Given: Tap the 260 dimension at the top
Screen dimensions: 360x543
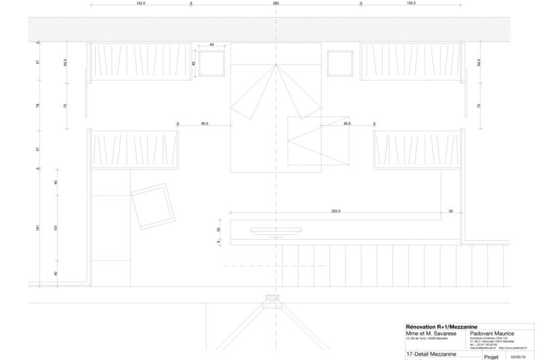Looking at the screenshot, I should click(276, 3).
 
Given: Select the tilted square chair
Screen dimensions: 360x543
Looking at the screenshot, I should click(152, 206).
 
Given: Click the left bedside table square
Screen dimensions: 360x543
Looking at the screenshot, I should click(212, 64).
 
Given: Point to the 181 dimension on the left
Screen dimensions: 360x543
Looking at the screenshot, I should click(38, 228).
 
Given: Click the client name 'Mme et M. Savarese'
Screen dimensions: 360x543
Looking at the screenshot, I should click(426, 333).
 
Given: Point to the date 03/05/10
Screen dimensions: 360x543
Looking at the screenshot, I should click(517, 355).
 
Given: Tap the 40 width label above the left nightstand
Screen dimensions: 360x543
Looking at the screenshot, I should click(212, 45).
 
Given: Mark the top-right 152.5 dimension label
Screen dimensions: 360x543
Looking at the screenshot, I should click(411, 3).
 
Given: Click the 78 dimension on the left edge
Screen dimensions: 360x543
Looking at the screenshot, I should click(38, 105).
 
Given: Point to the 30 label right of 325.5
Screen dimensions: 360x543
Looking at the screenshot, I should click(451, 211).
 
